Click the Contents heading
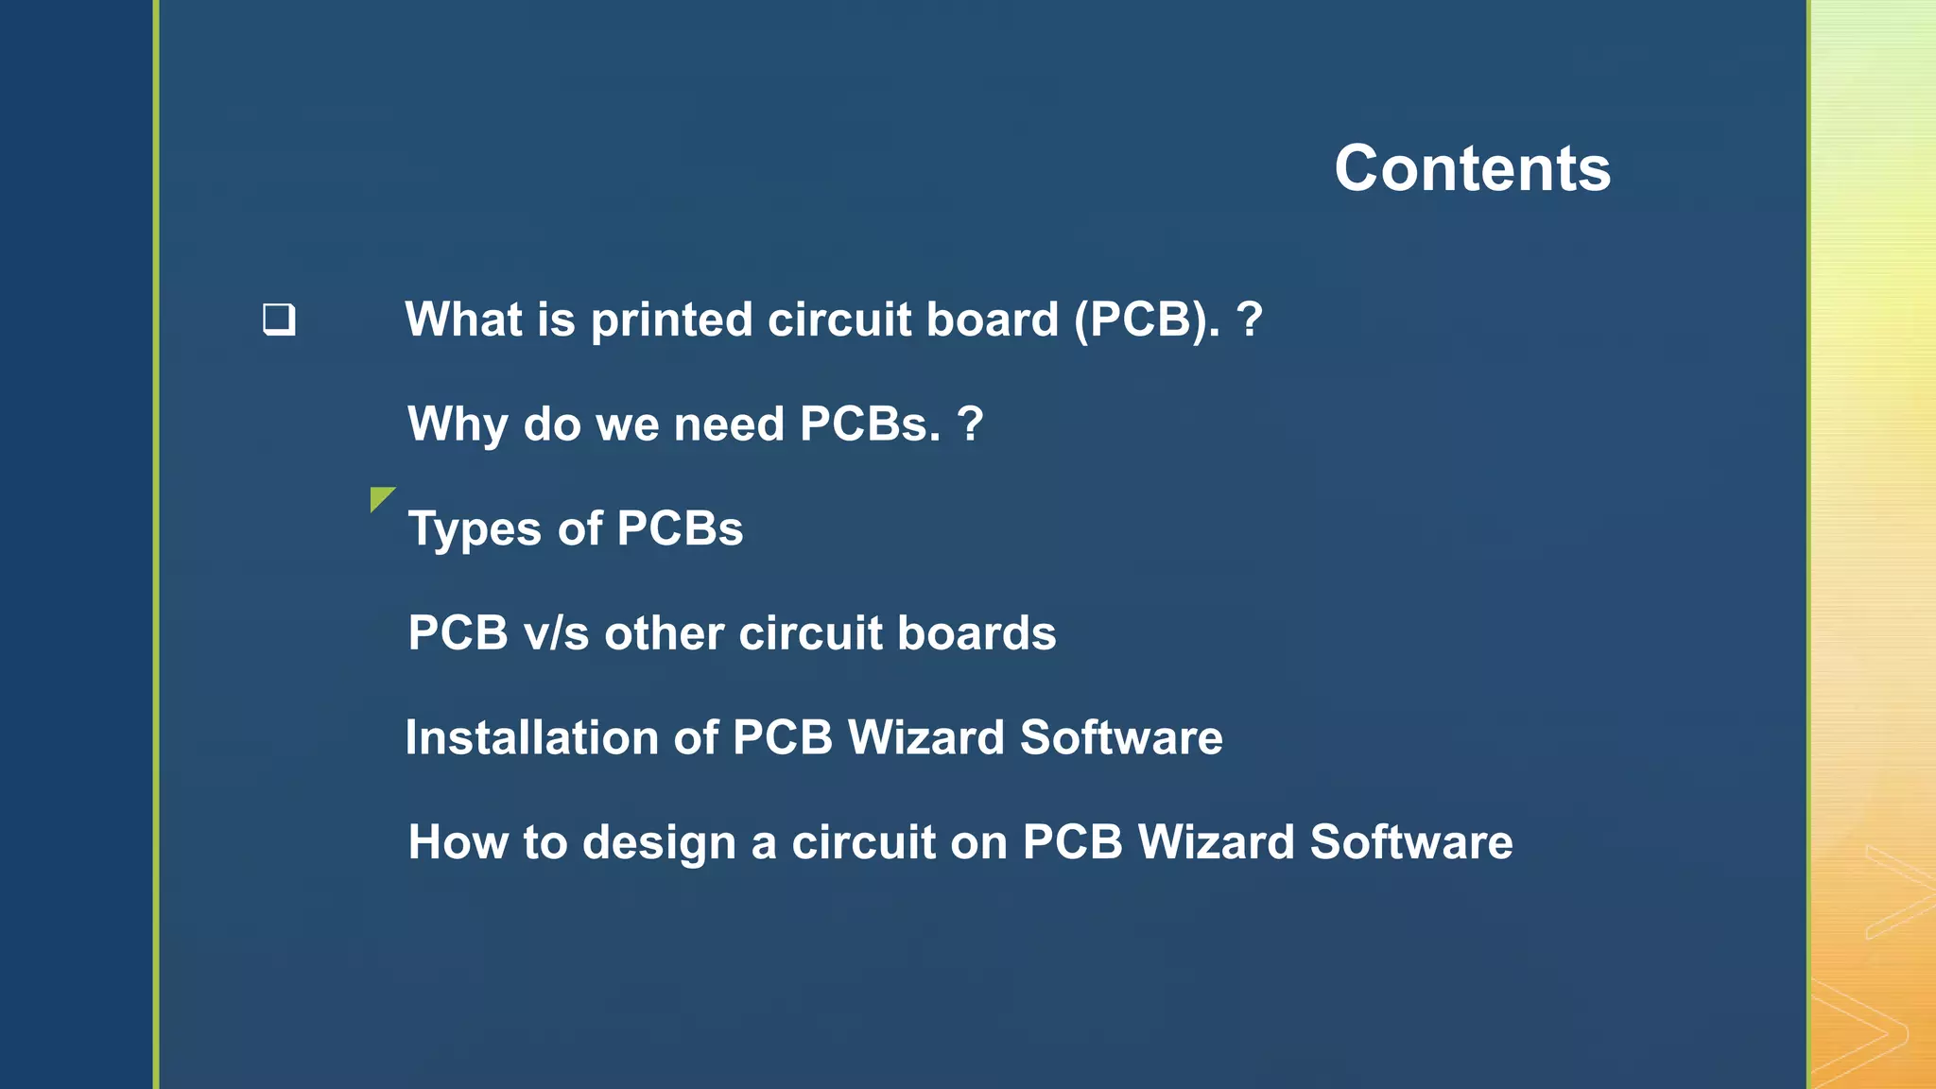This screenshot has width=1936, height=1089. coord(1472,168)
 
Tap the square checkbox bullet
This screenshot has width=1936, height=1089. coord(279,320)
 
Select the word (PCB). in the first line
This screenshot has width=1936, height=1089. coord(1147,320)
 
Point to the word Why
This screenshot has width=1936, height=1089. coord(458,424)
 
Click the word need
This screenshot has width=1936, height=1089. coord(729,424)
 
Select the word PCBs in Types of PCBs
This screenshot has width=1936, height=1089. coord(680,528)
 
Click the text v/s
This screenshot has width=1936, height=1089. coord(556,633)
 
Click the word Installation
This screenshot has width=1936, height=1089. coord(531,737)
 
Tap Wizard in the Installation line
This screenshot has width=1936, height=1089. coord(925,737)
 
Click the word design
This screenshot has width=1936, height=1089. coord(659,842)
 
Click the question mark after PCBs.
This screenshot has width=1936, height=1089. coord(970,424)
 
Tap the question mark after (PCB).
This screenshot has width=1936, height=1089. coord(1249,320)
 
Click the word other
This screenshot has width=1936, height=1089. coord(664,633)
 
